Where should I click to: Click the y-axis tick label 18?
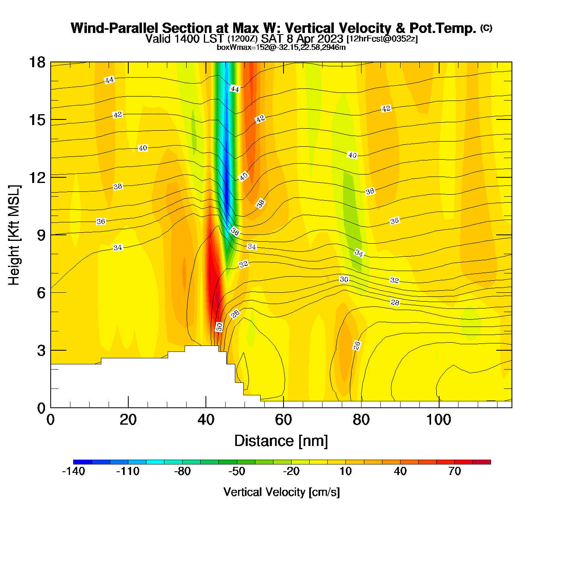37,62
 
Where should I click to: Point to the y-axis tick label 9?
41,235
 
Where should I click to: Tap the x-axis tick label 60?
283,420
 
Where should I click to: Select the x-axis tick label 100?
438,420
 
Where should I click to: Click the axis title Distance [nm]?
281,441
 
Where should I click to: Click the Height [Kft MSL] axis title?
14,235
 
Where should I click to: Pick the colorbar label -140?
74,471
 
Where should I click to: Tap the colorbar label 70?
454,471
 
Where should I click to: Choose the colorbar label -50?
236,471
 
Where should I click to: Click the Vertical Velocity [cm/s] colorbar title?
281,492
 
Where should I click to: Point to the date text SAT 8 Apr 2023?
302,39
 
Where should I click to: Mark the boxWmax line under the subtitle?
281,47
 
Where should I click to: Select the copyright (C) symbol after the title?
486,28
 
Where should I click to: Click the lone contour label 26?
357,345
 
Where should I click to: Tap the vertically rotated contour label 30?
219,327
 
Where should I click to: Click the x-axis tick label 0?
51,420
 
